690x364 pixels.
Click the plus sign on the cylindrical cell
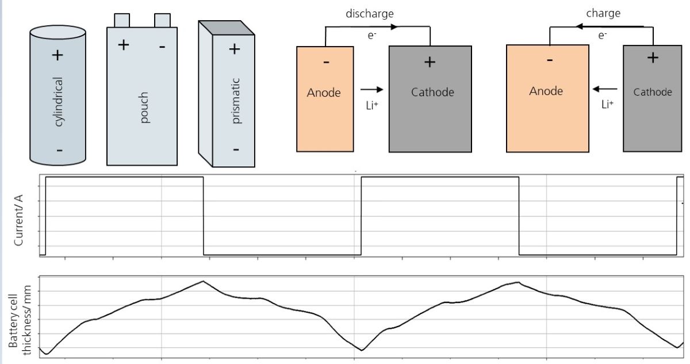pos(57,55)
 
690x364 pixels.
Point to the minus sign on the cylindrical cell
pos(59,151)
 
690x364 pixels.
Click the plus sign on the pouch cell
pos(124,45)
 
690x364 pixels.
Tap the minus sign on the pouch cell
pos(162,46)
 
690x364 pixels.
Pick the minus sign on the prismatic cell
pos(236,150)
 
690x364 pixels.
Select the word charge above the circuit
pos(603,13)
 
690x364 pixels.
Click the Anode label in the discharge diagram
pos(324,93)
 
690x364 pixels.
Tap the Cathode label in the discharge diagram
pos(432,92)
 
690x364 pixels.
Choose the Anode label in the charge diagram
pos(546,91)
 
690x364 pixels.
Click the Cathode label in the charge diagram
pos(653,92)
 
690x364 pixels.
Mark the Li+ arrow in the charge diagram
pos(604,89)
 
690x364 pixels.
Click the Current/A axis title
pos(19,220)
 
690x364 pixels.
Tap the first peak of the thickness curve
pos(203,281)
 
